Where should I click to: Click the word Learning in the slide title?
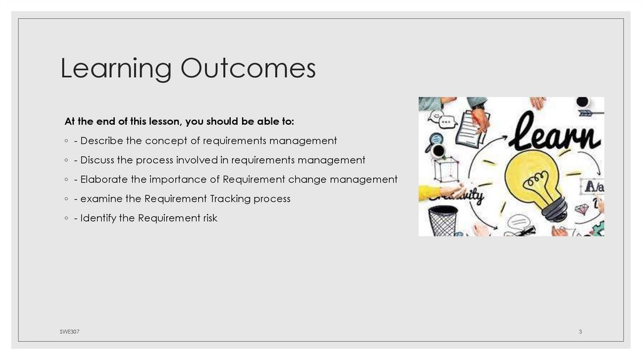(116, 69)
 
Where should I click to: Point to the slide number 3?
(580, 331)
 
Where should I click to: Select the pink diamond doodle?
(582, 209)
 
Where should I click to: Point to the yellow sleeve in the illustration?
(429, 192)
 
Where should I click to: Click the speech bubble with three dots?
(448, 122)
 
